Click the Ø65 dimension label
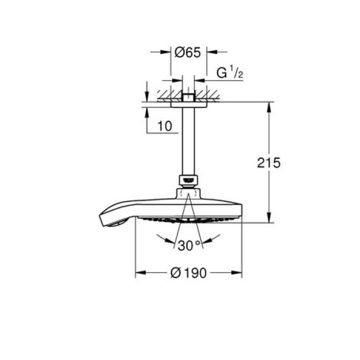click(x=188, y=52)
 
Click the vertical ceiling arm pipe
click(x=188, y=141)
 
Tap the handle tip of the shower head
click(x=114, y=221)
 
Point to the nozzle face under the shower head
click(x=188, y=221)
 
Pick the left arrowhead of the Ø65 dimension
click(x=167, y=52)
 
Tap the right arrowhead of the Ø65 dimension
click(x=209, y=52)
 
